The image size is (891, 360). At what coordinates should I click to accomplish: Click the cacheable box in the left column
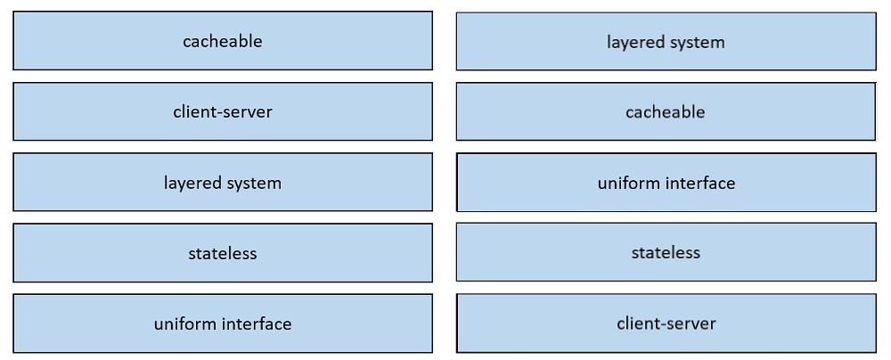point(223,41)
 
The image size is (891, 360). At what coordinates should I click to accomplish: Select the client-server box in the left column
point(223,111)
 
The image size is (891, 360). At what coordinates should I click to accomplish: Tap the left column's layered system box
point(223,182)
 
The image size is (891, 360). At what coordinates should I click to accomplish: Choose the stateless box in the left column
point(223,252)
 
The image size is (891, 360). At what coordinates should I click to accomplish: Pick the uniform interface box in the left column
point(223,323)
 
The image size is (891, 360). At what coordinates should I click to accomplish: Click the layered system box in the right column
point(666,42)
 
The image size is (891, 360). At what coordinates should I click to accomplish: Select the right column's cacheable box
point(666,111)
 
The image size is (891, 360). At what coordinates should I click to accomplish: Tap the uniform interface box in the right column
point(666,183)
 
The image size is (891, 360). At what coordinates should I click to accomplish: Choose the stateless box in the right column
point(666,252)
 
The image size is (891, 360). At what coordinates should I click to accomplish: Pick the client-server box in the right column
point(666,323)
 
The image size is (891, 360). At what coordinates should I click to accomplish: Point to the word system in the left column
point(253,184)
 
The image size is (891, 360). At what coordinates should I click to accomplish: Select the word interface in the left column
point(257,324)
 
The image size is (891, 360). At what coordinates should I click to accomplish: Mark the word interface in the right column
point(700,184)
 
